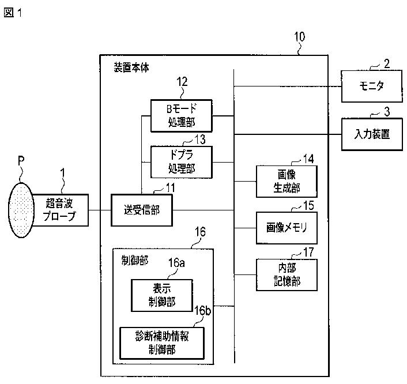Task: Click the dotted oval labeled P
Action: [21, 210]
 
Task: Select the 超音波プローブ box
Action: [61, 210]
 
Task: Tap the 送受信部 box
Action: [142, 210]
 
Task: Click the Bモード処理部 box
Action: [182, 116]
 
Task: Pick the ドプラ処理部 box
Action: [182, 162]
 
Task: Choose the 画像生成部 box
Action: [287, 182]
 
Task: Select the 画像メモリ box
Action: [287, 228]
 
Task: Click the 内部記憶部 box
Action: [287, 274]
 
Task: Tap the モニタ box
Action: [372, 86]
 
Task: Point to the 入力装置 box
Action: [372, 134]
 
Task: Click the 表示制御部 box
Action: [162, 295]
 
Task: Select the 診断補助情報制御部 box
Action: [162, 343]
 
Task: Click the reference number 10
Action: [300, 36]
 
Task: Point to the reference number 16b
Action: [203, 311]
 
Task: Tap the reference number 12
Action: [182, 82]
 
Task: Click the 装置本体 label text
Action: [131, 67]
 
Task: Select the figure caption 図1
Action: [13, 13]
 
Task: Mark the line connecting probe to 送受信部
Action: [100, 210]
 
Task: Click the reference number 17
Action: [308, 252]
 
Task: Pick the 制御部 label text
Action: [135, 260]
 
